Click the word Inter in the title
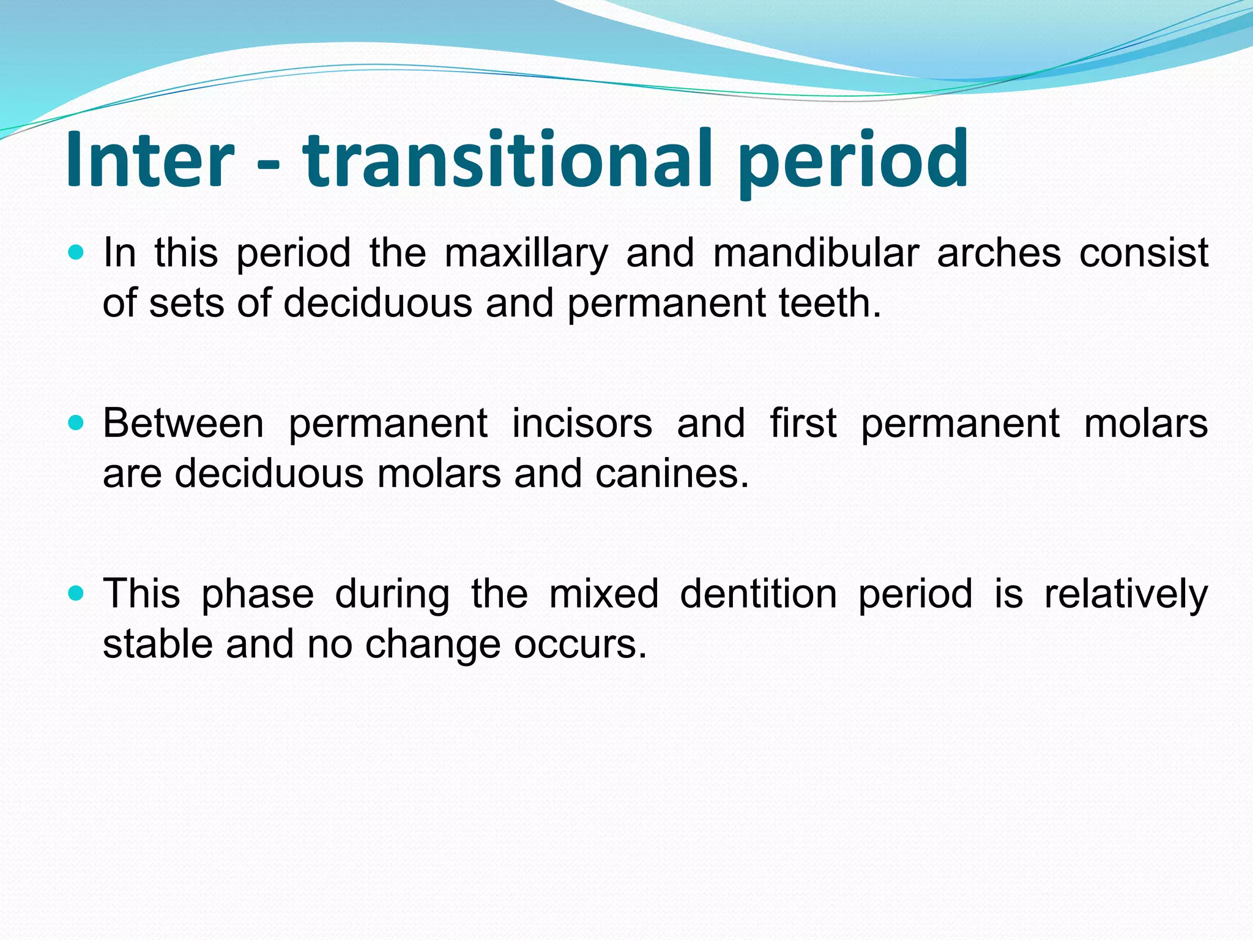pyautogui.click(x=150, y=160)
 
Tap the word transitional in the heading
pyautogui.click(x=508, y=160)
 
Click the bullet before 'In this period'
pyautogui.click(x=76, y=252)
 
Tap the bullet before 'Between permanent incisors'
pyautogui.click(x=76, y=422)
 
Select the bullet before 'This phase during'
pyautogui.click(x=76, y=592)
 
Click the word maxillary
pyautogui.click(x=526, y=254)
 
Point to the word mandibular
pyautogui.click(x=816, y=253)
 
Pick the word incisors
pyautogui.click(x=582, y=423)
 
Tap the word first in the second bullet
pyautogui.click(x=803, y=423)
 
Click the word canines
pyautogui.click(x=672, y=474)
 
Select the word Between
pyautogui.click(x=183, y=423)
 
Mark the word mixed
pyautogui.click(x=603, y=594)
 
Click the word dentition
pyautogui.click(x=758, y=594)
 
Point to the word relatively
pyautogui.click(x=1126, y=595)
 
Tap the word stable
pyautogui.click(x=157, y=644)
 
